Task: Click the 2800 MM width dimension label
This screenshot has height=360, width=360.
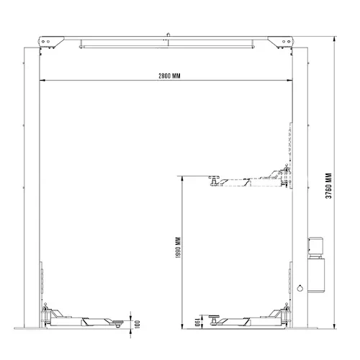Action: coord(169,76)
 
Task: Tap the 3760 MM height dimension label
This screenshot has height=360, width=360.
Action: coord(329,186)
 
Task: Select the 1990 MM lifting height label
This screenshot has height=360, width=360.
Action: coord(178,248)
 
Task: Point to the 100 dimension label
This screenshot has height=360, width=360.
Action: coord(138,324)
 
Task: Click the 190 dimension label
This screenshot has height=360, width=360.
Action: coord(197,322)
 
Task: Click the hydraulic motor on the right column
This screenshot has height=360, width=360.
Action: coord(315,248)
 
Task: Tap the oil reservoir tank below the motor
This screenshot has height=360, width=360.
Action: coord(316,275)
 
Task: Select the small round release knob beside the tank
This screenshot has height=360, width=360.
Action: coord(300,288)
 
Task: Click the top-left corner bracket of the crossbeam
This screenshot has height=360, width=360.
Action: coord(51,42)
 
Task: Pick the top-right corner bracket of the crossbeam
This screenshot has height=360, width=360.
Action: coord(280,42)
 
